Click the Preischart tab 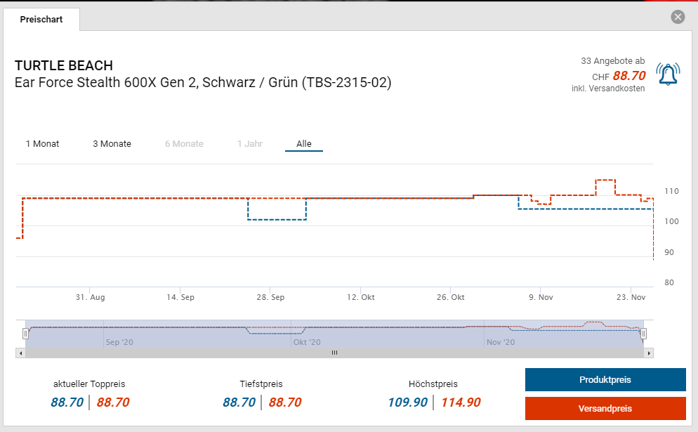click(41, 20)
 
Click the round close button click(678, 17)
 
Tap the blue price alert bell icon click(668, 74)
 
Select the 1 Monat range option click(42, 144)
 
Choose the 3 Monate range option click(112, 144)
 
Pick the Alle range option click(304, 144)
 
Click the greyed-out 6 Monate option click(184, 144)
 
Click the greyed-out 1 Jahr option click(250, 144)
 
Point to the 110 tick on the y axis click(671, 191)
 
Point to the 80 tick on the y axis click(669, 283)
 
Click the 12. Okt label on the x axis click(361, 298)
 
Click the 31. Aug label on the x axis click(91, 298)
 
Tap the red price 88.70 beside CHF click(628, 76)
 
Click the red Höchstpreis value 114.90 click(461, 402)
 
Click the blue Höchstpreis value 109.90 click(408, 402)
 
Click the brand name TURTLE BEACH click(64, 66)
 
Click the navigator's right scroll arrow click(649, 353)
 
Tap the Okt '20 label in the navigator click(307, 343)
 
